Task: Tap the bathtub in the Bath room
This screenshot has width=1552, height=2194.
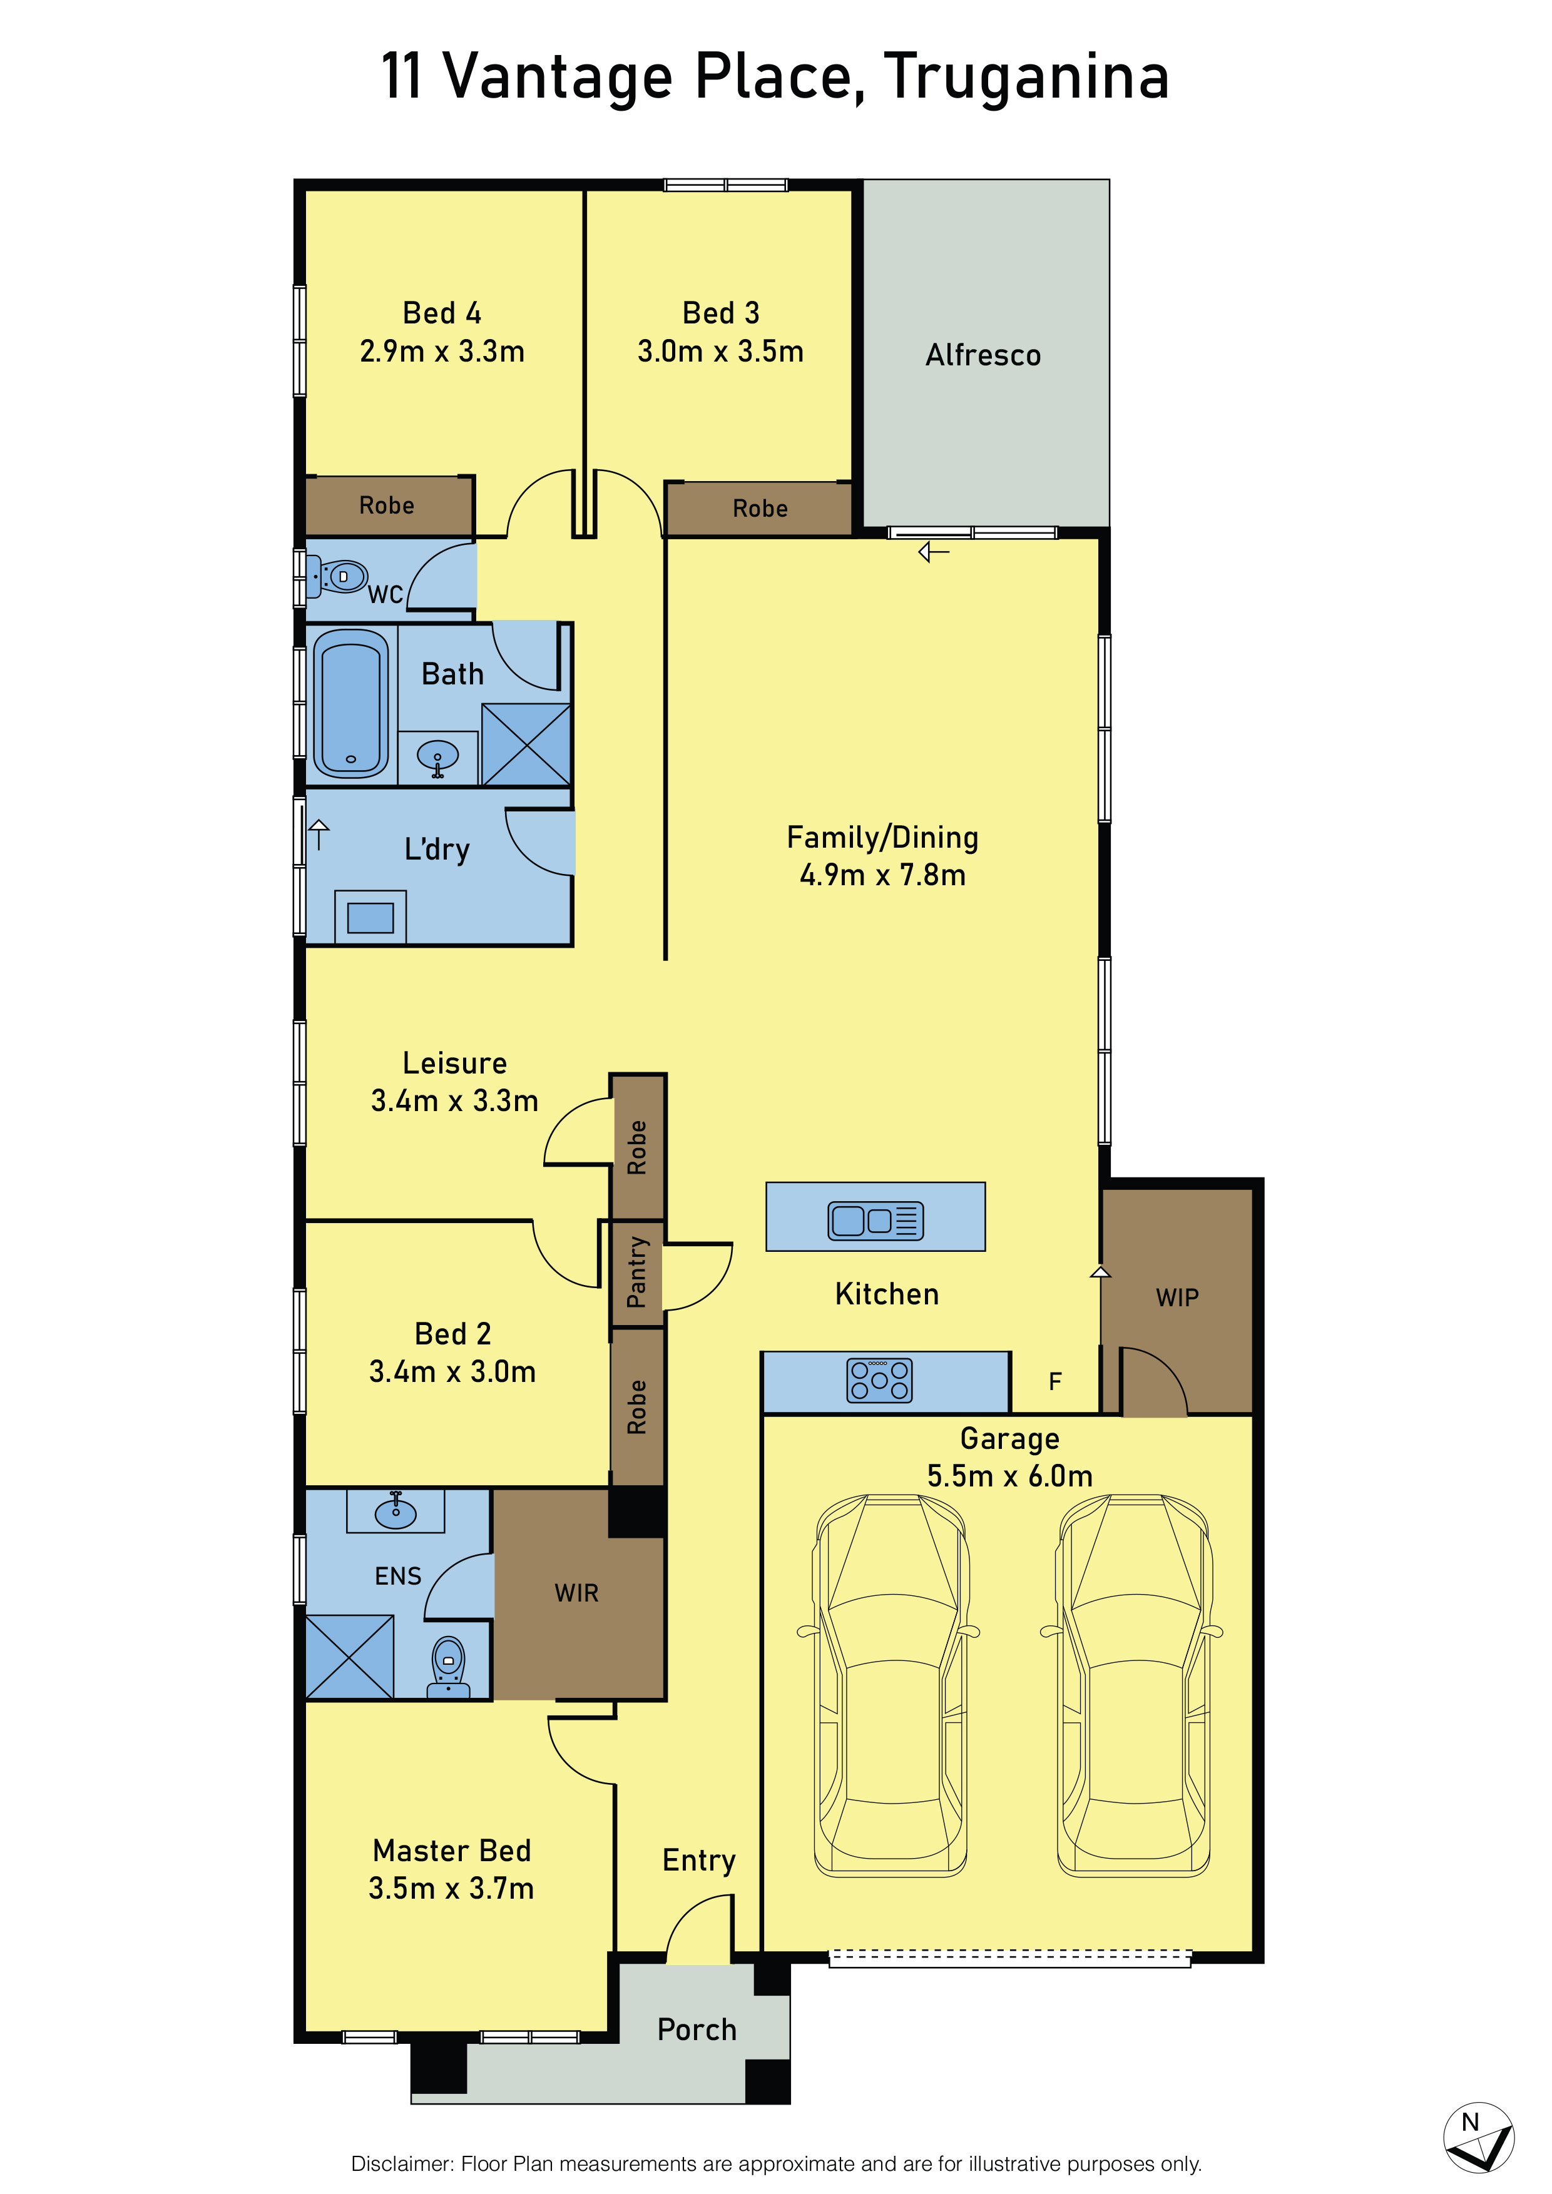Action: (x=350, y=703)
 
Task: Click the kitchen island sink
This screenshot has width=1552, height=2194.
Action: (x=876, y=1221)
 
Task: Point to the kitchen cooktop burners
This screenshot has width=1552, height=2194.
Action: (x=879, y=1381)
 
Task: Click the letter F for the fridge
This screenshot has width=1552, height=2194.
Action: (x=1055, y=1382)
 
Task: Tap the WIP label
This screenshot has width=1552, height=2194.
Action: (x=1177, y=1298)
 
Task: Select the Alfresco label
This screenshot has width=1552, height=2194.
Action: (x=983, y=355)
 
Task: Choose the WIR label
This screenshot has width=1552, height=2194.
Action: (x=576, y=1593)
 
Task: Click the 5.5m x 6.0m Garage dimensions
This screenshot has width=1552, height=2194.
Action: (x=1010, y=1476)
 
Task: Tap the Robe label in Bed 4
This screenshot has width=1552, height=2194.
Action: (x=387, y=505)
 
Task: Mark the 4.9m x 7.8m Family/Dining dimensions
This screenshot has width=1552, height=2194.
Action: (x=883, y=875)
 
